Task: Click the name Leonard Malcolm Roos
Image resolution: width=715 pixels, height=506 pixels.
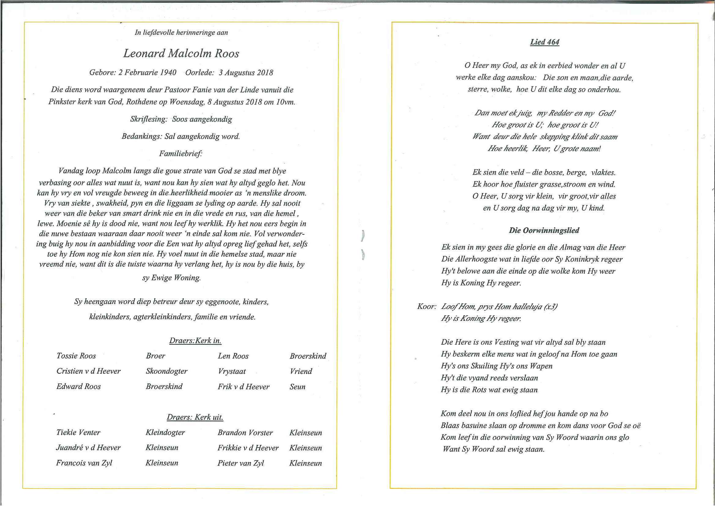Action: pos(181,53)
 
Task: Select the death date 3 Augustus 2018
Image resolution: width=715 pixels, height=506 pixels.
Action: pos(245,73)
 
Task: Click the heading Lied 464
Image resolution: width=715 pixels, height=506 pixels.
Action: pos(544,42)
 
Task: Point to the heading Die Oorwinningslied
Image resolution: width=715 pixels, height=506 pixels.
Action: pos(544,230)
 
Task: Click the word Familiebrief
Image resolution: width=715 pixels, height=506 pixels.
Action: pos(180,154)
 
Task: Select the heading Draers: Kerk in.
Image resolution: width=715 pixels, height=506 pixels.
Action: pos(195,341)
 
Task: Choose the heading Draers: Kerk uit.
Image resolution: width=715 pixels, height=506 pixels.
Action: pos(195,417)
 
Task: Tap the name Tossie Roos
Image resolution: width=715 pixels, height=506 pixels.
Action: pos(76,356)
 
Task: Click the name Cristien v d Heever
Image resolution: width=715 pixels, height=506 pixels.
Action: pos(88,371)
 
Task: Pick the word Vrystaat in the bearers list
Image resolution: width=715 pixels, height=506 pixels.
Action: pos(232,371)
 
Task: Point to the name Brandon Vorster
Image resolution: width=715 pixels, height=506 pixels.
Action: pos(245,432)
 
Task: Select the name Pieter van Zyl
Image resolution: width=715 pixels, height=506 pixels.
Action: pos(240,463)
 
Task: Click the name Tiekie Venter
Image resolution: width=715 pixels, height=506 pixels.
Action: pos(78,432)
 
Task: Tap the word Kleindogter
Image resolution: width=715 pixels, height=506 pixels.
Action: pos(165,432)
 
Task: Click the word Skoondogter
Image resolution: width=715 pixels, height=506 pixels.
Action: pos(166,371)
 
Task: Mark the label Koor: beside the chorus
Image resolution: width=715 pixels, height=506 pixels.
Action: pos(426,306)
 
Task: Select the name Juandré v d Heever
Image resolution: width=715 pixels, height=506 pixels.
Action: pos(88,448)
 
